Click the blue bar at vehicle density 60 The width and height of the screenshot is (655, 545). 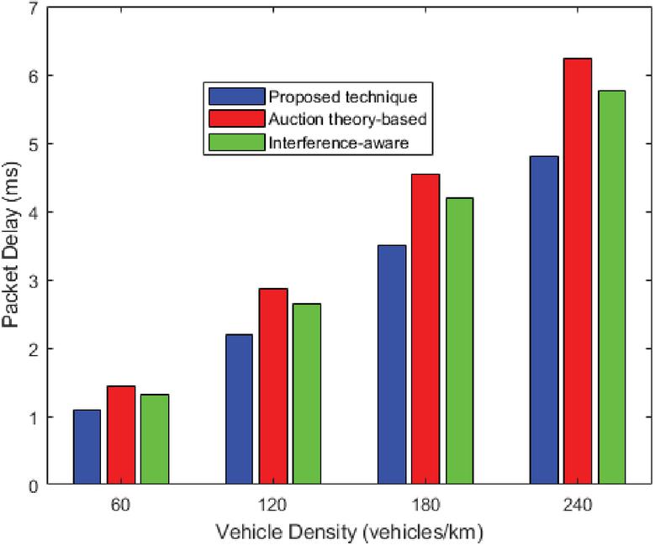tap(87, 447)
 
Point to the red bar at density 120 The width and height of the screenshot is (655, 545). tap(272, 386)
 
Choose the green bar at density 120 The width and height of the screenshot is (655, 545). tap(307, 394)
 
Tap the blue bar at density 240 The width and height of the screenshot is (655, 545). tap(544, 320)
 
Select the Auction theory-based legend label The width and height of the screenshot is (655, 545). tap(346, 118)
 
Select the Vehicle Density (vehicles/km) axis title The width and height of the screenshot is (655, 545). tap(349, 532)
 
